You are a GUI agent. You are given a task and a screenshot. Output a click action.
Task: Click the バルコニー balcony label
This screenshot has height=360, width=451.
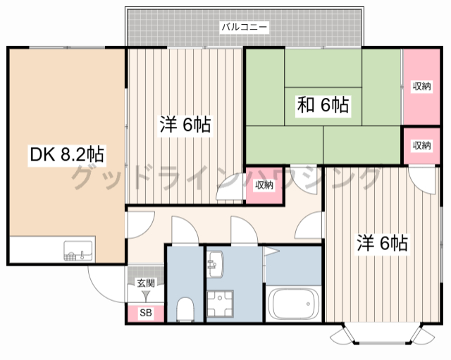[x=243, y=28]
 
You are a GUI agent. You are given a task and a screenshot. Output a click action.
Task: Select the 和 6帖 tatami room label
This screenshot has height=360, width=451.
[x=322, y=106]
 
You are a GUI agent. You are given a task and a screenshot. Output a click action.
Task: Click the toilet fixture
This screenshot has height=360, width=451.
[x=186, y=308]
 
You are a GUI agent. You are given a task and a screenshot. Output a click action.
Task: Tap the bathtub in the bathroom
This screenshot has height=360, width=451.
[x=294, y=304]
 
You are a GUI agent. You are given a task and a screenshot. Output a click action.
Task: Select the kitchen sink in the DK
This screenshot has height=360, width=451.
[x=79, y=249]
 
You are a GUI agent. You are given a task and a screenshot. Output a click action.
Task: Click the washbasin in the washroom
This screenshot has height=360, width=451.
[x=215, y=264]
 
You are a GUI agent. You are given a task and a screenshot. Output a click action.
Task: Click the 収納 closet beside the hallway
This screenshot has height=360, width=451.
[x=264, y=185]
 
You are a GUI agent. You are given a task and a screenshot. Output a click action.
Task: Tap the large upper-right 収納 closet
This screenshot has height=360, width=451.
[x=421, y=86]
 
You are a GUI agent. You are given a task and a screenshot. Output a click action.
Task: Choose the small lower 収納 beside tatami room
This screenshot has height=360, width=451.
[x=421, y=145]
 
